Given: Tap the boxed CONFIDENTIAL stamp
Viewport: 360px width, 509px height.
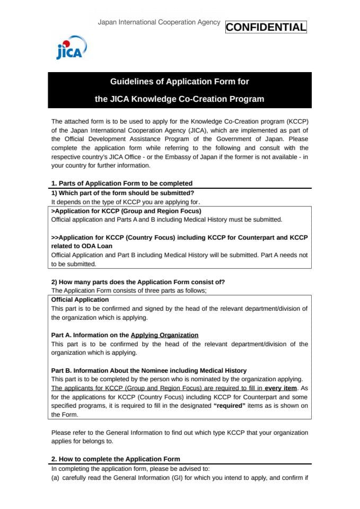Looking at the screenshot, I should pos(266,27).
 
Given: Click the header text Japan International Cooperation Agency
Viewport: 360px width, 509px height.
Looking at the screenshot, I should pos(159,22).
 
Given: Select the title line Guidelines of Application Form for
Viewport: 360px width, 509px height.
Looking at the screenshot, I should pos(179,82).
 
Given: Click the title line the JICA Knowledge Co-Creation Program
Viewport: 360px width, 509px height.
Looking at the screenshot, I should pos(179,99).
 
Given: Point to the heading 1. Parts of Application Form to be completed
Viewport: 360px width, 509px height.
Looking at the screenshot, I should pos(121,183).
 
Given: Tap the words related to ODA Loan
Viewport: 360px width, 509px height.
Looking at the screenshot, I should pos(82,246).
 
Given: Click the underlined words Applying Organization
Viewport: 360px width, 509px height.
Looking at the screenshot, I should pos(164,335).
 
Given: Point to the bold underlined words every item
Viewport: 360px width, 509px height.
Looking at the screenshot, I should pos(280,388).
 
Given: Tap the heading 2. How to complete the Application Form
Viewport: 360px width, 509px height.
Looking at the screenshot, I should pos(116,459).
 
